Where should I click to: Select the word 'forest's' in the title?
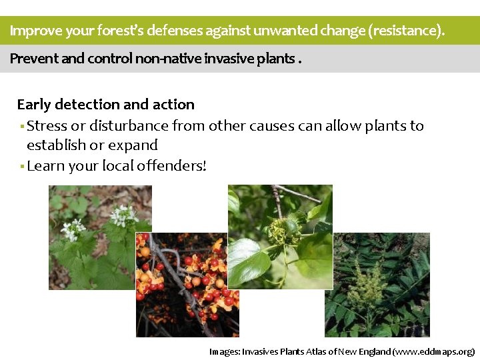pos(121,31)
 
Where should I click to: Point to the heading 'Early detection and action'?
pos(105,104)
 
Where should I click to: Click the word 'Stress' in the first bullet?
pos(47,125)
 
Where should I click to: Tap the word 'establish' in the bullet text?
pos(55,145)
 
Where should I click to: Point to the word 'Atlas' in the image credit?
pos(318,351)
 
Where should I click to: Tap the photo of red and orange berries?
pos(187,283)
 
